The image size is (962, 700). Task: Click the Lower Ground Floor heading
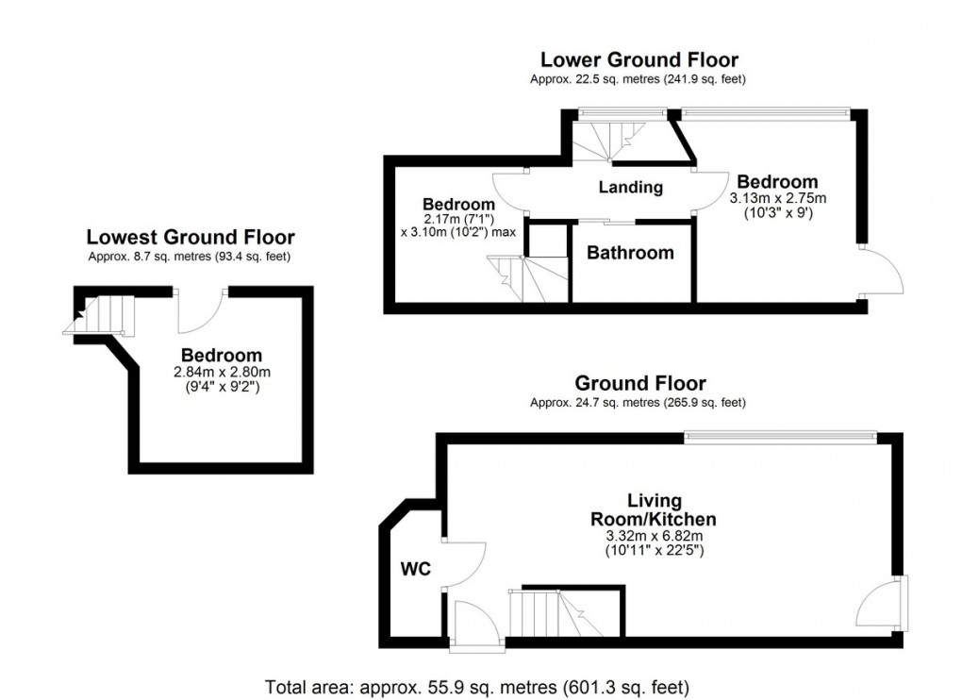click(639, 60)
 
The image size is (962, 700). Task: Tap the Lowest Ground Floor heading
click(191, 237)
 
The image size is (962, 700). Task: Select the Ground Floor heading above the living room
click(639, 383)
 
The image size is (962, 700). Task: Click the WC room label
click(416, 569)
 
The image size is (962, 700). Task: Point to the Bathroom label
click(630, 253)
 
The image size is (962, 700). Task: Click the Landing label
click(631, 187)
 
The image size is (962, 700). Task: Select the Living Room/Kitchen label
click(654, 509)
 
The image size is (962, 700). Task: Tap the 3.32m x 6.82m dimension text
click(655, 536)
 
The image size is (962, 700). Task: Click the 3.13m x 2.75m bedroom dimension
click(778, 198)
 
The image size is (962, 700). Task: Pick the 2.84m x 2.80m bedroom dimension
click(222, 372)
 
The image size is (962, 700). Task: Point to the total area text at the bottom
click(476, 687)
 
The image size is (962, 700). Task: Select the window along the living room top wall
click(780, 436)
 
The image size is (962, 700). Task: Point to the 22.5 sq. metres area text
click(639, 79)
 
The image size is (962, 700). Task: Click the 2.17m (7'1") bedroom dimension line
click(458, 219)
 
